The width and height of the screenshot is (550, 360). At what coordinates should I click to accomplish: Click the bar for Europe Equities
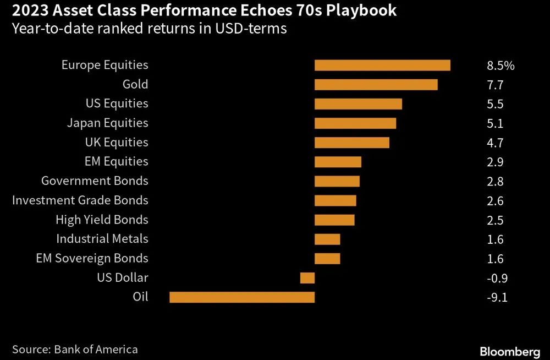(382, 65)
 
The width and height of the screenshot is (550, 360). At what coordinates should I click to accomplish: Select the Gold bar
(376, 84)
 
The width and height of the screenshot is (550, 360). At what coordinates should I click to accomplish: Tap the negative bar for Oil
(242, 297)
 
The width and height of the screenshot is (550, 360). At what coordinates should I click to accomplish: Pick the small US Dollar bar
(307, 278)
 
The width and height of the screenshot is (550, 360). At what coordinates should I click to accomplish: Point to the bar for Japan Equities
(355, 123)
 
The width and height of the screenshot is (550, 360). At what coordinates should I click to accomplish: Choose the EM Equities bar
(338, 162)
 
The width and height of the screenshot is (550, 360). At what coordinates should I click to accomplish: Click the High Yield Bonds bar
(334, 220)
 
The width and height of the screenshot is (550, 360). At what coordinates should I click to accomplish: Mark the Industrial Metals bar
(327, 239)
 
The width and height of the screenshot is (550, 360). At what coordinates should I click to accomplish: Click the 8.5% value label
(501, 66)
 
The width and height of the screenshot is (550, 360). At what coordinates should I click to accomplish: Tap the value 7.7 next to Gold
(495, 85)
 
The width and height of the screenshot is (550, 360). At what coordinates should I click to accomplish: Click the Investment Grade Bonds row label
(80, 200)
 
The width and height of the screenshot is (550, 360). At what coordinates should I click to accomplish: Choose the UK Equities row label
(117, 142)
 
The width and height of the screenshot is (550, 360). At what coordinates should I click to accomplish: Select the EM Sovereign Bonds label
(92, 258)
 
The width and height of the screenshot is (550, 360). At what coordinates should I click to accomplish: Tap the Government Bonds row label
(95, 181)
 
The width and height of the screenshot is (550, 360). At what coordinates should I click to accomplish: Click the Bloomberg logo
(510, 351)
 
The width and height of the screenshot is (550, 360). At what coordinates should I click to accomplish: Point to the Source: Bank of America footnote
(75, 349)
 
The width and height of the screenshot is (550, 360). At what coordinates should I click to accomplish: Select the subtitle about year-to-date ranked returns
(149, 29)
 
